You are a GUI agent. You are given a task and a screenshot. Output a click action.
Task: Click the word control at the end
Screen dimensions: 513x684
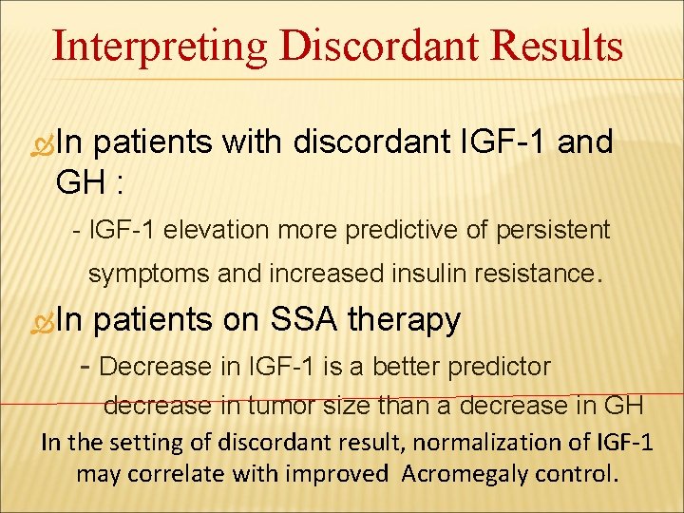pyautogui.click(x=585, y=473)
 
